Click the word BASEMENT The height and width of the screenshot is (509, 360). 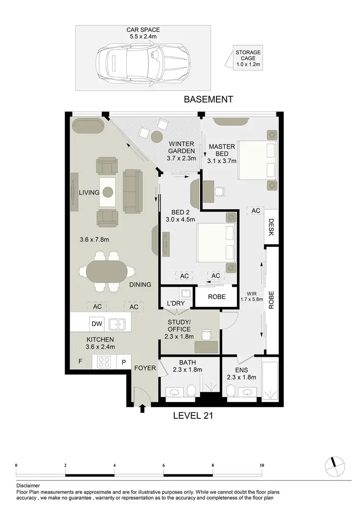tap(209, 99)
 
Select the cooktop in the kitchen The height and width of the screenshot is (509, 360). tap(105, 362)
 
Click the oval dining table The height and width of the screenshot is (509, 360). tap(107, 272)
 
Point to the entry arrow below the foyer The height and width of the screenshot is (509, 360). tap(142, 409)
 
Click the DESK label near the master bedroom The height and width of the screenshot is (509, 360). tap(271, 228)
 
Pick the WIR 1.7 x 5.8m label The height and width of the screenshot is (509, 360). tap(252, 296)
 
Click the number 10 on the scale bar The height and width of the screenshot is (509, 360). tap(262, 465)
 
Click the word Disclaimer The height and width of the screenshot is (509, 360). tap(28, 485)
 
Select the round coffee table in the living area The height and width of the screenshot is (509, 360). tap(108, 192)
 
